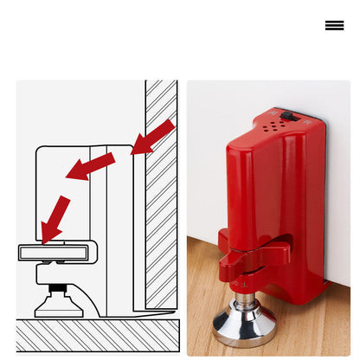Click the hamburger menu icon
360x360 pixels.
[334, 25]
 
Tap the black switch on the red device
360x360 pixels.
[289, 116]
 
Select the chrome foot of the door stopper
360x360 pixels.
[244, 326]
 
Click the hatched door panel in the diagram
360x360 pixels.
[161, 190]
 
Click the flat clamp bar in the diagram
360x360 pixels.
[54, 253]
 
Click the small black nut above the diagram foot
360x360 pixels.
[57, 287]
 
